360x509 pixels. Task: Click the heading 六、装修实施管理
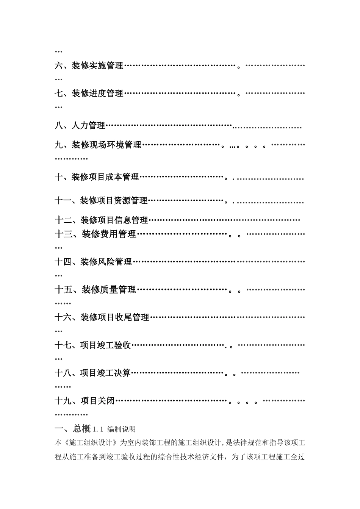(x=89, y=66)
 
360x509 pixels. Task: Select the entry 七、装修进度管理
(x=89, y=94)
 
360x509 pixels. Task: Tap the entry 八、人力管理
(x=80, y=126)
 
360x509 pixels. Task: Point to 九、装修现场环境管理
(x=98, y=145)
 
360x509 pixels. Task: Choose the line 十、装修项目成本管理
(x=97, y=177)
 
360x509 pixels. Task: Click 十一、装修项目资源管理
(x=101, y=201)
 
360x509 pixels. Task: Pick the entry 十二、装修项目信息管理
(x=102, y=220)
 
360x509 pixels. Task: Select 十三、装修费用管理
(x=95, y=234)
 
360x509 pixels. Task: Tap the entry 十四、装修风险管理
(x=93, y=262)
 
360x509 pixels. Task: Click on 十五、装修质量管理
(x=95, y=290)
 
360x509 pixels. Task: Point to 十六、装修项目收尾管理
(x=102, y=318)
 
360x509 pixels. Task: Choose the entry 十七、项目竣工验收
(x=93, y=345)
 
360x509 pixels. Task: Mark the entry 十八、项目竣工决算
(x=93, y=373)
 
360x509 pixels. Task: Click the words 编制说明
(x=121, y=429)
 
